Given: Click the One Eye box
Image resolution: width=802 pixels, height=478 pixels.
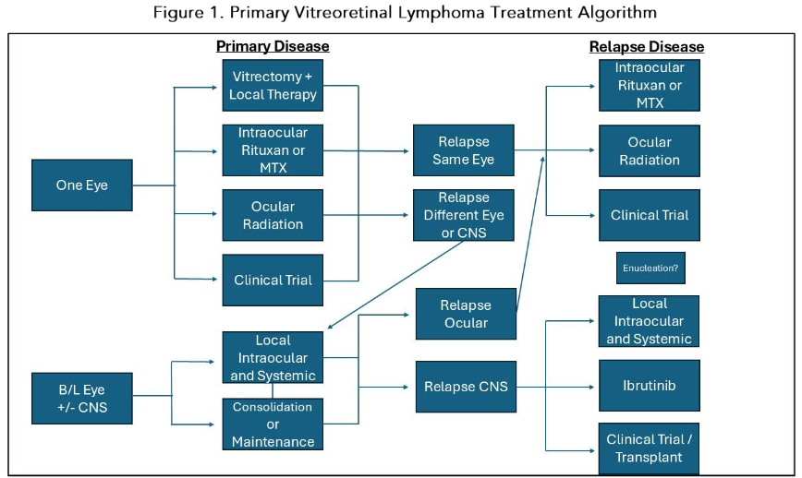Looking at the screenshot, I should pyautogui.click(x=82, y=185).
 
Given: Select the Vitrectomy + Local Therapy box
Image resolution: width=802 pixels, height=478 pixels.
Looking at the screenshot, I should pyautogui.click(x=273, y=85).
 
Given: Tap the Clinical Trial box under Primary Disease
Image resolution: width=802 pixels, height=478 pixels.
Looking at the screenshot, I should pyautogui.click(x=273, y=280).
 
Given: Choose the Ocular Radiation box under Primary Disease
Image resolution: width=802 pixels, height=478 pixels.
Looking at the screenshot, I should pyautogui.click(x=273, y=215).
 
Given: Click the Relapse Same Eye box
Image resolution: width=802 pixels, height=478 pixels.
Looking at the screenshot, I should pyautogui.click(x=464, y=151).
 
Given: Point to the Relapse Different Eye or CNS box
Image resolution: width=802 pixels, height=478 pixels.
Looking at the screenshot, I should pyautogui.click(x=464, y=215).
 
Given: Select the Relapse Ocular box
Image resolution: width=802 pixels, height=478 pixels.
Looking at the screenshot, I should pyautogui.click(x=465, y=314).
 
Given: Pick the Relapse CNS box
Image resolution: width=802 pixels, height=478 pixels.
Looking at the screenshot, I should pyautogui.click(x=465, y=386).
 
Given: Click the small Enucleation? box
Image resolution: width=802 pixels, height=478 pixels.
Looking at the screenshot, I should pyautogui.click(x=650, y=268).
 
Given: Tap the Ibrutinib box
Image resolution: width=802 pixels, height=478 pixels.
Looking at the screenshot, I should pyautogui.click(x=650, y=385).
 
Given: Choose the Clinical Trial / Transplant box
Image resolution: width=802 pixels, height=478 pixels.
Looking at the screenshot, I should pyautogui.click(x=650, y=448).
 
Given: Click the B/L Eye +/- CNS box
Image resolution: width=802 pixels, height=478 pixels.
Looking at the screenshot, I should pyautogui.click(x=82, y=398).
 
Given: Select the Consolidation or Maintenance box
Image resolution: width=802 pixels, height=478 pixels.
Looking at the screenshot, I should pyautogui.click(x=273, y=424).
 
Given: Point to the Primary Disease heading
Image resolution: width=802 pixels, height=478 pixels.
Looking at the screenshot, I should pyautogui.click(x=273, y=46).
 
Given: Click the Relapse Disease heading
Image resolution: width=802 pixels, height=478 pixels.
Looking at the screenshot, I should pyautogui.click(x=647, y=47).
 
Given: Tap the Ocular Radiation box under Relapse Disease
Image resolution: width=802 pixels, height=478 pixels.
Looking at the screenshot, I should pyautogui.click(x=650, y=151).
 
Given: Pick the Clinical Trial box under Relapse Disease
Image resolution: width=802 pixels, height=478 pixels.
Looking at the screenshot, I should pyautogui.click(x=650, y=215).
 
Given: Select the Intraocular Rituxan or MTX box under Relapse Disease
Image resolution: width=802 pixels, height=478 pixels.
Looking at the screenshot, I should pyautogui.click(x=650, y=85).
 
